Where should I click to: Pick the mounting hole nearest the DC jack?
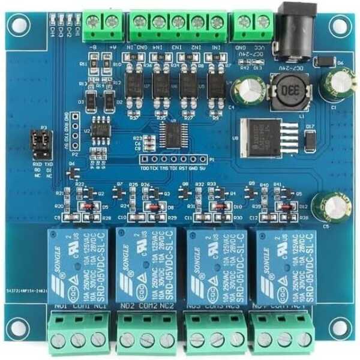point(340,26)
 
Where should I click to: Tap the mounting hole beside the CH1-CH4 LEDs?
point(19,26)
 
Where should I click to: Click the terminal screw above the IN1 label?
point(217,23)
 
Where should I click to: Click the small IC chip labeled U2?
point(101,130)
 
